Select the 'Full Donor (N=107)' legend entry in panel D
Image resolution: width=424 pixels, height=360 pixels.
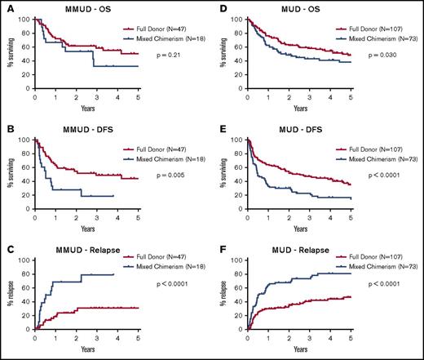point(368,29)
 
